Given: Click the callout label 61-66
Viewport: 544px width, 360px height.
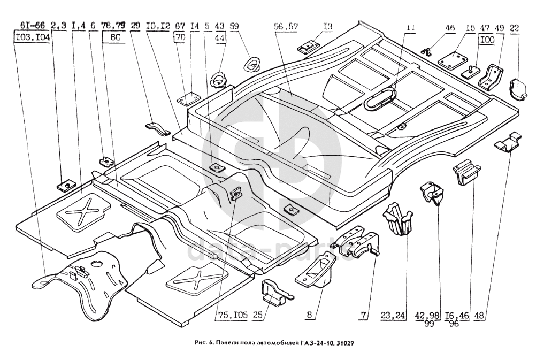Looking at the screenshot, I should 32,25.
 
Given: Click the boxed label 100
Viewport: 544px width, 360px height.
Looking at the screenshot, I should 486,39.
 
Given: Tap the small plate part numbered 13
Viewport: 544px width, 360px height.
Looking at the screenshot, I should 308,47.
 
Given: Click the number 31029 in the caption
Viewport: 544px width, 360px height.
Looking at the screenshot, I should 342,343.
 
